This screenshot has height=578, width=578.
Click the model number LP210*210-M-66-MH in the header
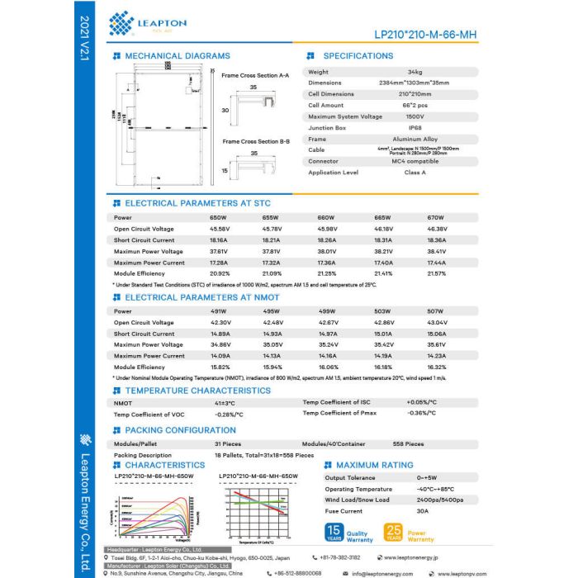point(425,35)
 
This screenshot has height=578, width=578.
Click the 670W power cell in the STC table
point(436,217)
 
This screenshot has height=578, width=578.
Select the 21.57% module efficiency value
point(437,273)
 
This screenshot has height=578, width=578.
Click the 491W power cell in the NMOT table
point(219,311)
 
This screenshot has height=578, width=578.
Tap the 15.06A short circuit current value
point(437,334)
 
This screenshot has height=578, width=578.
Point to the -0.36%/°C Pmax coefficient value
point(420,413)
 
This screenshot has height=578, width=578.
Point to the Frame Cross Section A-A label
point(256,74)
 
